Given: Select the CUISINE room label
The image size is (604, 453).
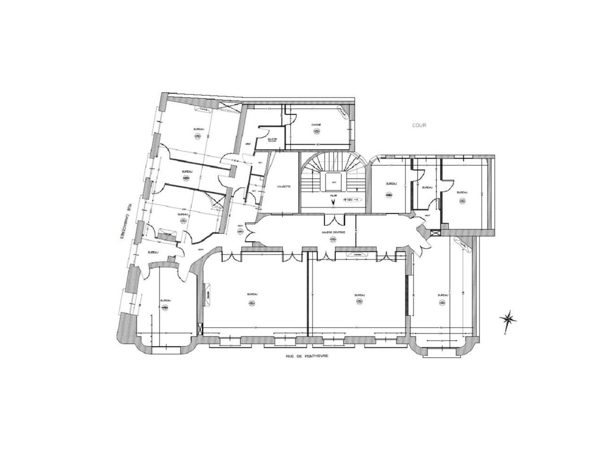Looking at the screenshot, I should [x=316, y=125].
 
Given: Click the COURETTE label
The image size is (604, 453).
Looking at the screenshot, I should [x=284, y=186].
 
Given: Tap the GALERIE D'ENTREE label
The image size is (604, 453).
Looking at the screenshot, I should [x=335, y=232].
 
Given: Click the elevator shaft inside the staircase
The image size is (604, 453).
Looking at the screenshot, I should [x=334, y=182].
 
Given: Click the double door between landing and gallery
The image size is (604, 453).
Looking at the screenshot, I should [x=334, y=219].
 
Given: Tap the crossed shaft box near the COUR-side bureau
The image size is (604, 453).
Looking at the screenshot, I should [x=436, y=232].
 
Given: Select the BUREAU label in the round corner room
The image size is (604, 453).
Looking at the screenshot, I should [x=165, y=300].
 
